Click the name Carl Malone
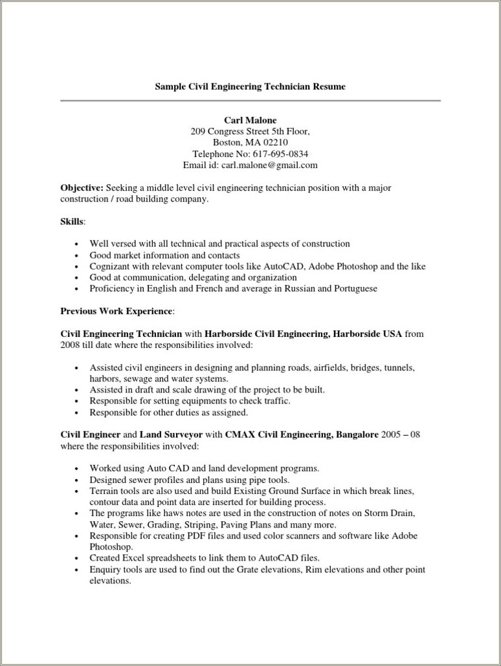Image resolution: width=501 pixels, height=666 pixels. pos(250,120)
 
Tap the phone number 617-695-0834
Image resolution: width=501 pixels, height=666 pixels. pos(280,154)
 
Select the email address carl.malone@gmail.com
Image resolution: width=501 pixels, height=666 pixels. pos(269,165)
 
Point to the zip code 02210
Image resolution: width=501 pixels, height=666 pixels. pos(275,142)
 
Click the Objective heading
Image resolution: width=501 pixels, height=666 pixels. pos(82,188)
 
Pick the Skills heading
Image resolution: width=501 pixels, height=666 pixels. pos(72,222)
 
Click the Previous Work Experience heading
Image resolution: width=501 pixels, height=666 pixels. pos(116,311)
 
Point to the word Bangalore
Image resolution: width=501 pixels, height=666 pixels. pos(357,435)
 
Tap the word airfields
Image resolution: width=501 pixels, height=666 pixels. pos(331,367)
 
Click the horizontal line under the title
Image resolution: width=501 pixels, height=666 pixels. pos(250,101)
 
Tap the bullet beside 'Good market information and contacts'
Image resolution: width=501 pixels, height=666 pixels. pos(76,256)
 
